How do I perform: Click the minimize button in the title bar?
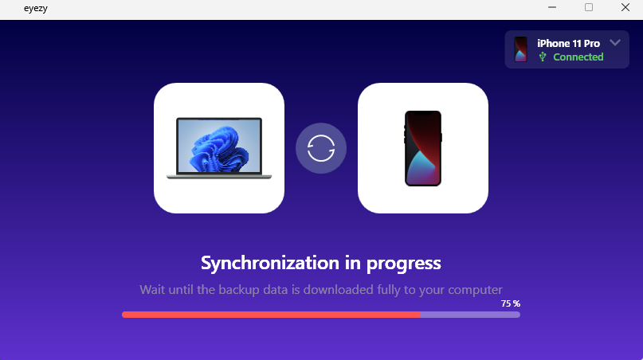551,7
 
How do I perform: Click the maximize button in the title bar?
589,7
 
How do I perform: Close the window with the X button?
625,7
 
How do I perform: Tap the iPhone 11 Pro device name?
568,43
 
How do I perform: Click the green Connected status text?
578,57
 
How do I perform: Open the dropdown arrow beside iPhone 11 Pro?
614,42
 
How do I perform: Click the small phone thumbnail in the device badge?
520,49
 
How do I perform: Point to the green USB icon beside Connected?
543,57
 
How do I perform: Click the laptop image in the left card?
219,148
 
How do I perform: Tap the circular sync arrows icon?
321,148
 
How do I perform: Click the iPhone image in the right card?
423,148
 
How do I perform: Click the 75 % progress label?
510,303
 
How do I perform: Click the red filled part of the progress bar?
271,315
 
